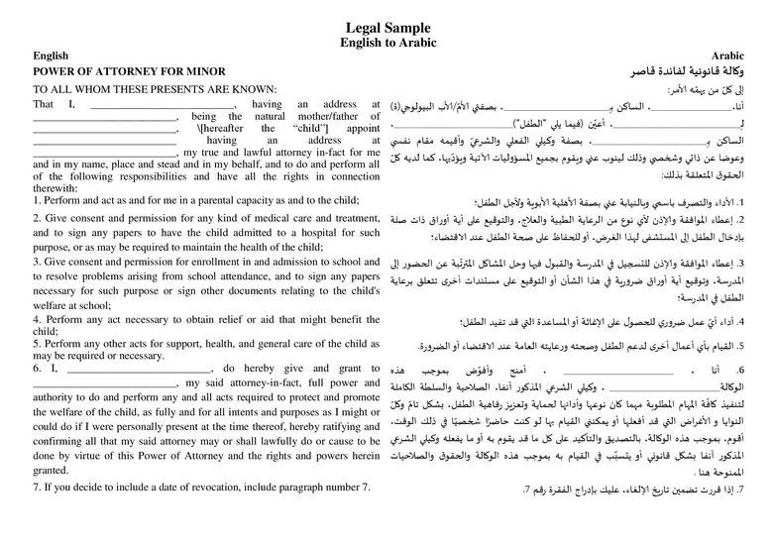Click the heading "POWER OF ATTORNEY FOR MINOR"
[130, 72]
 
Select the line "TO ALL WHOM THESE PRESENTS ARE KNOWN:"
[155, 88]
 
